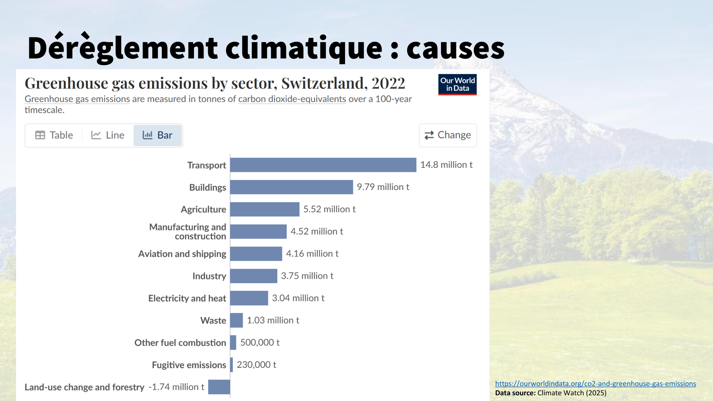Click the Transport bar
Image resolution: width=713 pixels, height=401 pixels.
323,165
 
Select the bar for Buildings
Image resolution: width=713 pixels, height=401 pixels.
291,187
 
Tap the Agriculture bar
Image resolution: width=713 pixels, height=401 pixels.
265,209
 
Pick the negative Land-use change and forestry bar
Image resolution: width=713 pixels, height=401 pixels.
219,387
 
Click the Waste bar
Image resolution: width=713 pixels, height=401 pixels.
236,320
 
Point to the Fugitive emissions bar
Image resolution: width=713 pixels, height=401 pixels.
232,365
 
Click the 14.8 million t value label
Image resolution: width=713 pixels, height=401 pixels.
446,165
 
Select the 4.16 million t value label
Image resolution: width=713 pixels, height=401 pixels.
312,253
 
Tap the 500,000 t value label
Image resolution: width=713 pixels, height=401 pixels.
260,343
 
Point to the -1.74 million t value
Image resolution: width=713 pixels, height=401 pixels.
176,387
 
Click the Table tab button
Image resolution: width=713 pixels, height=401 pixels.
54,135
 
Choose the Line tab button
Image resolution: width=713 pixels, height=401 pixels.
108,135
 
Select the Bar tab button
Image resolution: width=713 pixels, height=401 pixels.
158,135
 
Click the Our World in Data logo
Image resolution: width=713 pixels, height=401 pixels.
457,84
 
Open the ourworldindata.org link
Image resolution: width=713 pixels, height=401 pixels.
595,384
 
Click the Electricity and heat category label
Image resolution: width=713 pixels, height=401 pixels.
187,298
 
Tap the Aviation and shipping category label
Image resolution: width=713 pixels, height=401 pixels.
182,254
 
